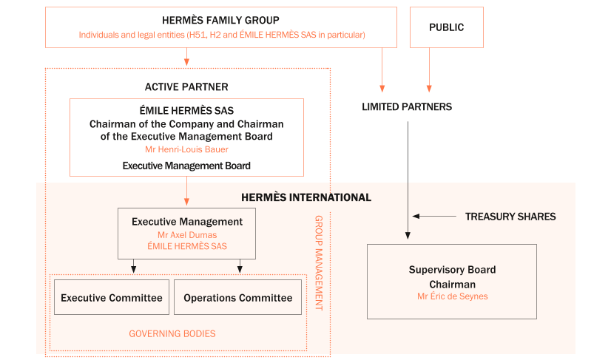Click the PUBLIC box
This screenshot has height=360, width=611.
click(x=446, y=27)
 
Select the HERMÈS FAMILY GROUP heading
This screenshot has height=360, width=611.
click(x=222, y=21)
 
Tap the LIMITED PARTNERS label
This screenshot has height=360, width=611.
click(x=406, y=107)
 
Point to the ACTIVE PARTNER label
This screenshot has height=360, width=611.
click(x=186, y=87)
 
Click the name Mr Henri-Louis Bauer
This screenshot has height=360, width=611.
click(x=186, y=149)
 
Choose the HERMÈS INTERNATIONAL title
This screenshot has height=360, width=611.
click(x=306, y=197)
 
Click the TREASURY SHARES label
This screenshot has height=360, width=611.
click(x=510, y=217)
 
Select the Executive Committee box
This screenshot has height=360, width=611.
click(x=112, y=297)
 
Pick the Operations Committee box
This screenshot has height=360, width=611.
click(x=238, y=297)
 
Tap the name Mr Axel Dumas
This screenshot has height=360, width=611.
click(x=186, y=234)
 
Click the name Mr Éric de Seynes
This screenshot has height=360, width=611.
click(x=452, y=296)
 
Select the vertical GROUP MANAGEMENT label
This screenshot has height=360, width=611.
click(x=319, y=262)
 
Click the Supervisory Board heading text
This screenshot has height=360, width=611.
click(x=452, y=270)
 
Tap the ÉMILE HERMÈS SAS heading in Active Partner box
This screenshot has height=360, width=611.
click(x=186, y=111)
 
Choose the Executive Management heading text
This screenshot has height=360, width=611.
click(x=186, y=221)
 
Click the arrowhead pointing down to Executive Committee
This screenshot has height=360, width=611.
click(x=133, y=269)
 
